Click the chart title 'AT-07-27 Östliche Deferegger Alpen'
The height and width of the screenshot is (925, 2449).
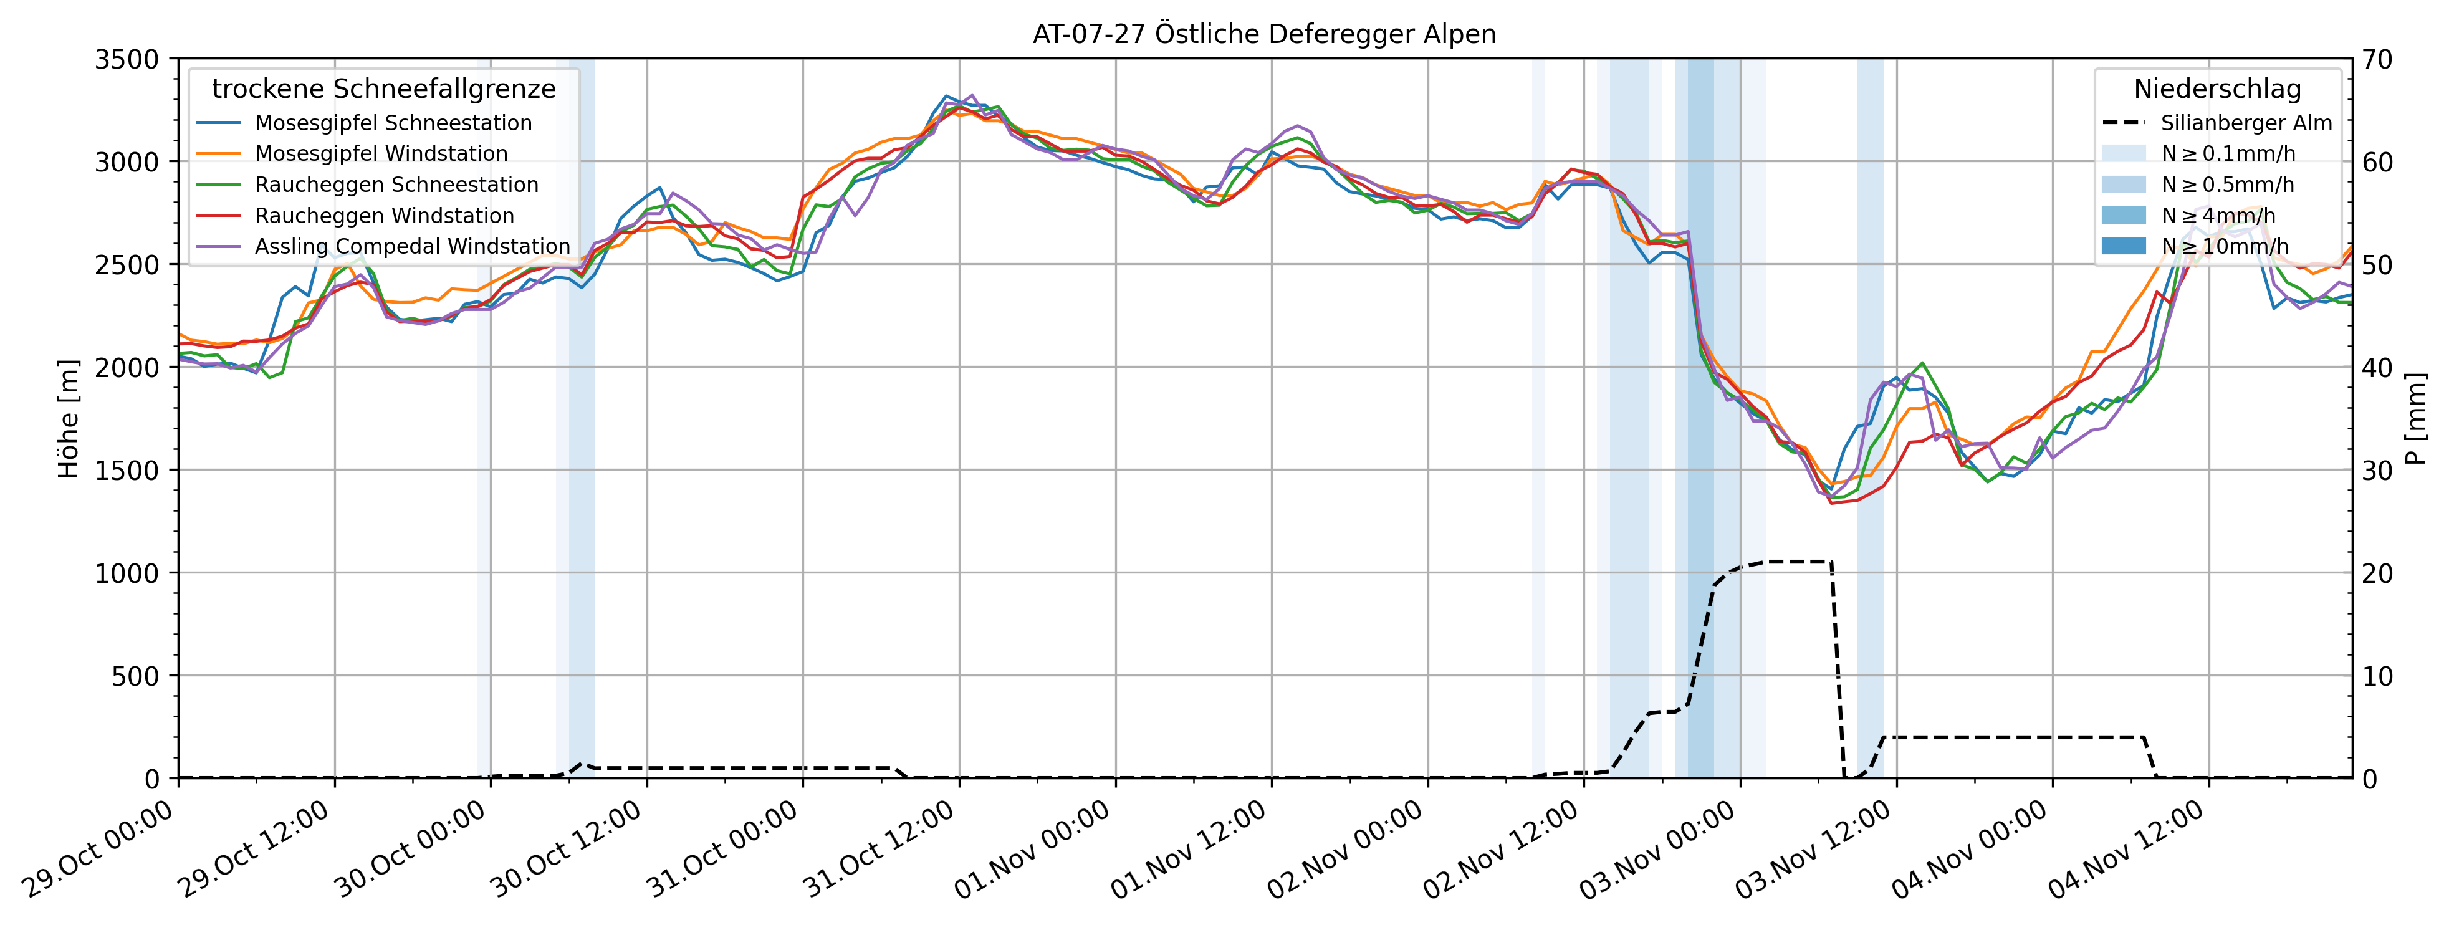tap(1265, 34)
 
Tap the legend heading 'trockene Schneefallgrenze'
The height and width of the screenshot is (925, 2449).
tap(383, 89)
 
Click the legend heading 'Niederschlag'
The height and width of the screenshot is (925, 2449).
tap(2217, 89)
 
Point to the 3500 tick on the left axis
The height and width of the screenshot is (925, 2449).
tap(127, 59)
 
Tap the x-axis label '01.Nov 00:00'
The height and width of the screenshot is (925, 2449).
tap(1034, 849)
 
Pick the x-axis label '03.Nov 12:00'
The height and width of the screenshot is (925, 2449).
tap(1815, 849)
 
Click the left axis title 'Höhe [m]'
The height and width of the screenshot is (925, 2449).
tap(69, 418)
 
